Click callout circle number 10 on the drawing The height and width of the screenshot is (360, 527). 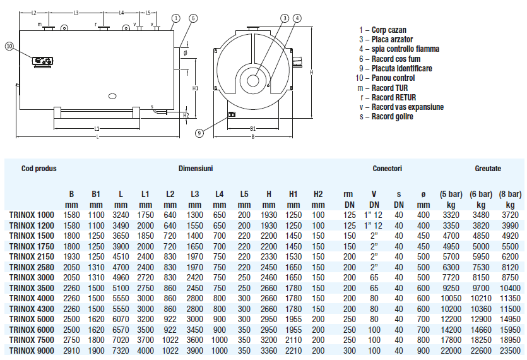point(9,46)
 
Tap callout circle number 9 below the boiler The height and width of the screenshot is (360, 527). point(199,133)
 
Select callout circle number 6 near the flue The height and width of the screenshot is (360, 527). point(193,18)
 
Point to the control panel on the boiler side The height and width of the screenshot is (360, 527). point(43,61)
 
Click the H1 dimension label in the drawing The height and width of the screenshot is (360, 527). point(195,88)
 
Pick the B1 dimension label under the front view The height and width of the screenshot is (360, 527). point(252,128)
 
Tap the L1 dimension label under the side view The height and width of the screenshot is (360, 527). point(97,128)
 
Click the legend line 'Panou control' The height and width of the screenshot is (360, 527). point(385,78)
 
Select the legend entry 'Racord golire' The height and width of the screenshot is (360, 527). point(386,117)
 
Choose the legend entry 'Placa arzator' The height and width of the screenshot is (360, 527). point(386,39)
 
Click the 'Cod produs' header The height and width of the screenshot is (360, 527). point(39,169)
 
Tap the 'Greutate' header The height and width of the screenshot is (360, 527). point(488,169)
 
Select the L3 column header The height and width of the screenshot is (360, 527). point(195,194)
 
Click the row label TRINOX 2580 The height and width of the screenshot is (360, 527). point(32,267)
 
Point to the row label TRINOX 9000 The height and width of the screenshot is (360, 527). point(32,351)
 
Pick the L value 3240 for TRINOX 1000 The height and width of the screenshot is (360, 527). point(121,215)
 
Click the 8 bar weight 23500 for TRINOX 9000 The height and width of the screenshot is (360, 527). point(510,351)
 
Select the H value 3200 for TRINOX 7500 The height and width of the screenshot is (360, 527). point(269,340)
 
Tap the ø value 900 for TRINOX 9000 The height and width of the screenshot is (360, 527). point(423,351)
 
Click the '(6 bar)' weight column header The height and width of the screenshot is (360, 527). point(481,194)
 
